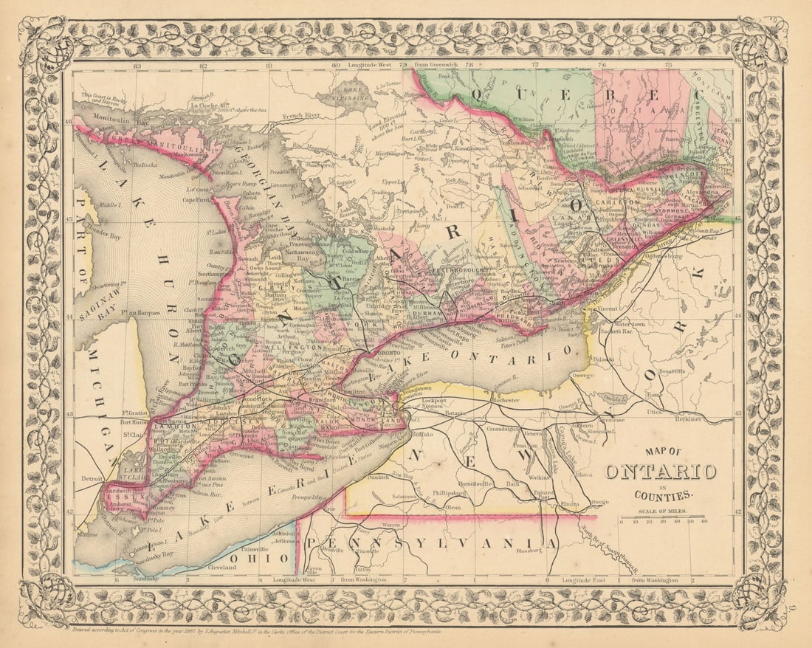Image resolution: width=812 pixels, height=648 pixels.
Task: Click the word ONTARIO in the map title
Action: click(x=661, y=471)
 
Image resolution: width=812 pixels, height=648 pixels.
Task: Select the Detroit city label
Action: click(x=90, y=478)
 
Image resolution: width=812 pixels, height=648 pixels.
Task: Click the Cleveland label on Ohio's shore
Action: click(x=221, y=568)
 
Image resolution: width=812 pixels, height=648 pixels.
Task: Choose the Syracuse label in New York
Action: click(x=613, y=418)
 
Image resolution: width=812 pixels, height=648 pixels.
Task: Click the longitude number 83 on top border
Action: click(x=136, y=66)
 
